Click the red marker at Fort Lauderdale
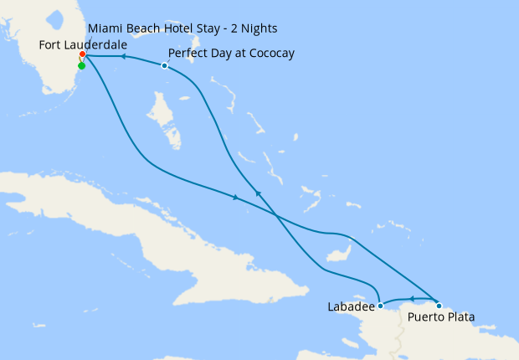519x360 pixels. click(x=82, y=55)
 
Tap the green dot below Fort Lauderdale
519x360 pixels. click(x=81, y=66)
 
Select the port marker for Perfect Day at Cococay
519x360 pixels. click(x=165, y=65)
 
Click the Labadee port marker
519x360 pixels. click(x=380, y=306)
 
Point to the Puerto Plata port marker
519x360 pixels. click(x=439, y=306)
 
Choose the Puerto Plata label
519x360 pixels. click(x=441, y=318)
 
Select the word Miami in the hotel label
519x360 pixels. click(x=103, y=28)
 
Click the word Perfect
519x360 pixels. click(x=188, y=54)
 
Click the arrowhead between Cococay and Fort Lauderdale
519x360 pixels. click(x=123, y=57)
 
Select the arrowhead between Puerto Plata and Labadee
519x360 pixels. click(x=412, y=298)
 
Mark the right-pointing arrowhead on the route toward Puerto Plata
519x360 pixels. click(x=237, y=198)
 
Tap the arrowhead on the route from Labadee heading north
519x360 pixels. click(x=259, y=193)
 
